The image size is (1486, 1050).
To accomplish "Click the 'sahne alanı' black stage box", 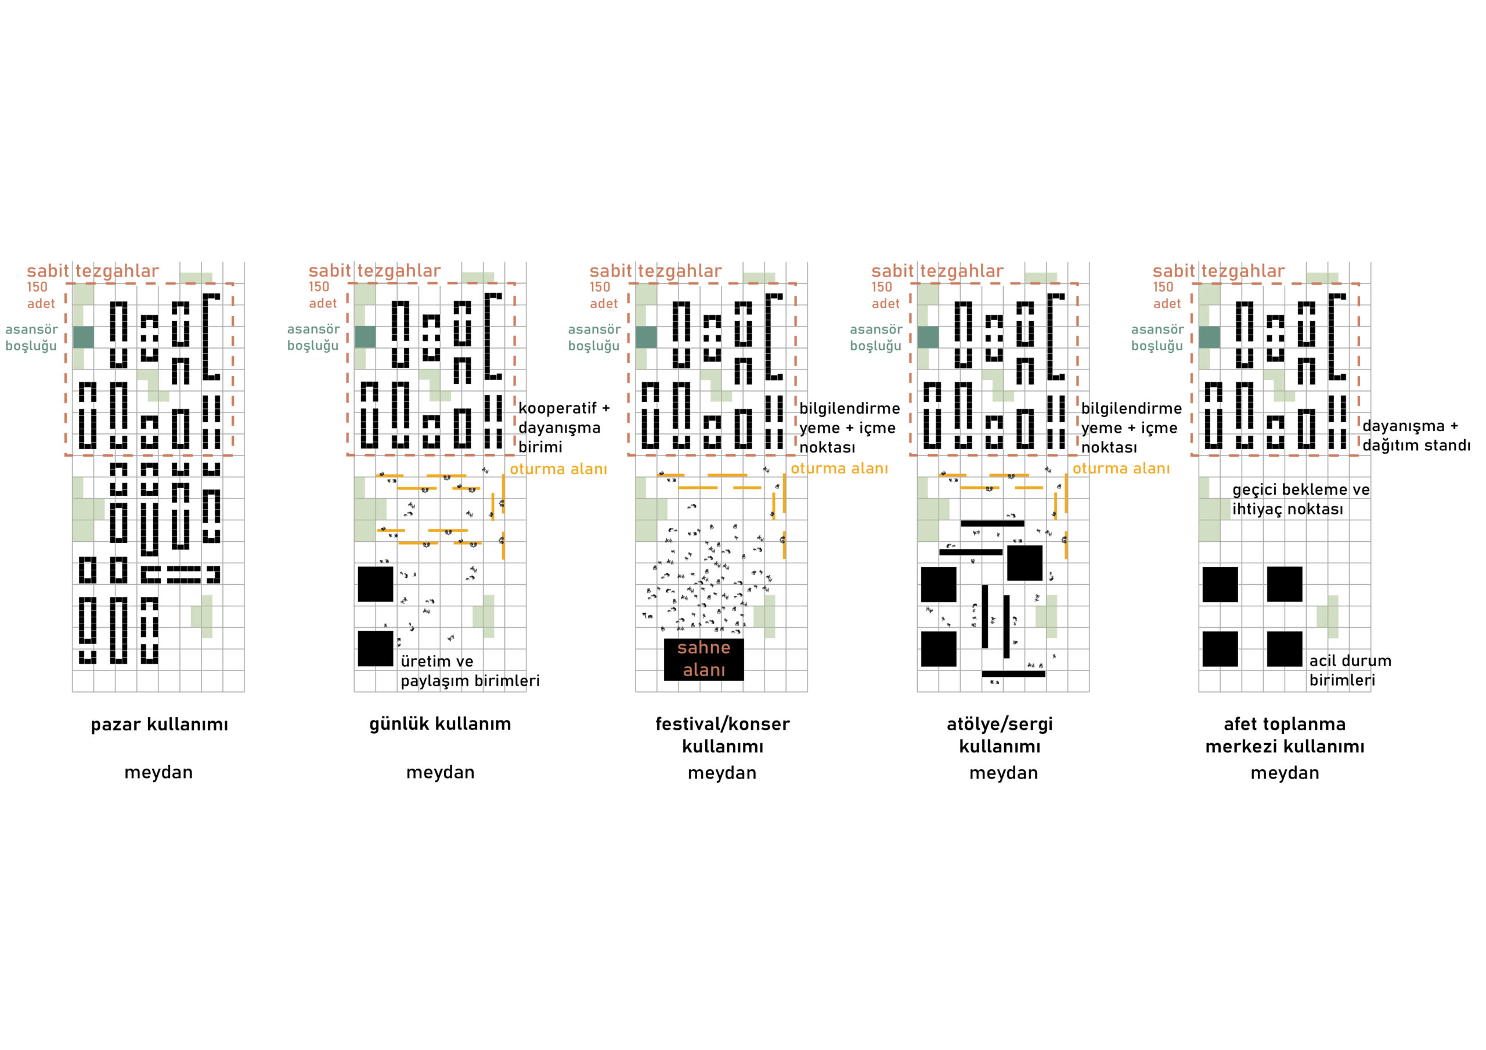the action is (x=704, y=659).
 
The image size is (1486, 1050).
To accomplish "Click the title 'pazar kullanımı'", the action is (x=159, y=725).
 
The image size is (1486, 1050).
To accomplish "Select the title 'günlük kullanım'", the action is (x=440, y=724).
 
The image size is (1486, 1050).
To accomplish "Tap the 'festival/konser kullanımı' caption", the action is (x=722, y=735).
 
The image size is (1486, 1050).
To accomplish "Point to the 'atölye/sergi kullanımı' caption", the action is (x=1000, y=735).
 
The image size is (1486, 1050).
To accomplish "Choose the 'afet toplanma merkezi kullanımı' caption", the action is (x=1285, y=735).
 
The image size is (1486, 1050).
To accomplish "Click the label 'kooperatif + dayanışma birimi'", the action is (x=564, y=427).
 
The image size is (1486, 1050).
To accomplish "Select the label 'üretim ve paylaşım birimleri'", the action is (x=470, y=671).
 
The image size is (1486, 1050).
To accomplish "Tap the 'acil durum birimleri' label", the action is (x=1350, y=670).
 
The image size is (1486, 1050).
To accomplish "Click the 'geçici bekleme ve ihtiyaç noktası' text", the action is (x=1301, y=499).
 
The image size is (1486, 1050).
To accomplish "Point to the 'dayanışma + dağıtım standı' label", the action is (x=1416, y=436).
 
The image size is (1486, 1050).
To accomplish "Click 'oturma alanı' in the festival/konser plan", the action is (x=839, y=468).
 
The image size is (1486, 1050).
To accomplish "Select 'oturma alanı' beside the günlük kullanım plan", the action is (x=558, y=468).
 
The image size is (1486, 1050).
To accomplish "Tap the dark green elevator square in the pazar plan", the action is (x=83, y=337).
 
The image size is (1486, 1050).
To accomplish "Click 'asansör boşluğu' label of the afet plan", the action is (x=1157, y=337).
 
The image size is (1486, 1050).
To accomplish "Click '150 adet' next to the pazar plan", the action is (x=41, y=295).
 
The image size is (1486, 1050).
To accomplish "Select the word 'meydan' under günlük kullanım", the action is (x=440, y=773).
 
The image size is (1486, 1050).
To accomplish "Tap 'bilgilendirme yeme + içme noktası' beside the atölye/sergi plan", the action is (x=1131, y=428).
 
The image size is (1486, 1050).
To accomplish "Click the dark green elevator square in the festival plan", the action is (x=646, y=337).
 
